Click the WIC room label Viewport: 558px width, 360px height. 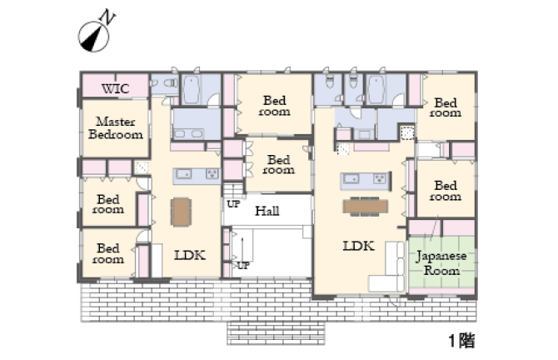[115, 88]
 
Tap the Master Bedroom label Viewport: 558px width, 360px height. [116, 127]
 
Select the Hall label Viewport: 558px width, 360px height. [267, 211]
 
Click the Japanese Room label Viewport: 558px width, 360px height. [441, 262]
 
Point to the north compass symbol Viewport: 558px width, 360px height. [93, 37]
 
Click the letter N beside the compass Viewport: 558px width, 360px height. [107, 17]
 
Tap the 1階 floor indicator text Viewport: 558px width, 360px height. [462, 340]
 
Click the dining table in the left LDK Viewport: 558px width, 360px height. [181, 212]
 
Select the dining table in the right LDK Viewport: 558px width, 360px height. [366, 207]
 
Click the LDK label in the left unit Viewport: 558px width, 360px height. [190, 255]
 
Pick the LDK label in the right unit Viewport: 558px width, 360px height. [358, 246]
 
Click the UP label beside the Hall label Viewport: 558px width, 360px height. [233, 204]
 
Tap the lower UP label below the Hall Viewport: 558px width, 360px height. [243, 266]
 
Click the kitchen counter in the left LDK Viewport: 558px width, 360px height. [197, 176]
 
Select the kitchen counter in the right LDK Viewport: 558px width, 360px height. [366, 181]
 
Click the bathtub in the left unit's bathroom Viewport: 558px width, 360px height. [192, 91]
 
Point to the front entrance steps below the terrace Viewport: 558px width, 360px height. [276, 333]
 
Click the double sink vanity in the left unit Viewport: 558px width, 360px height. [188, 134]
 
